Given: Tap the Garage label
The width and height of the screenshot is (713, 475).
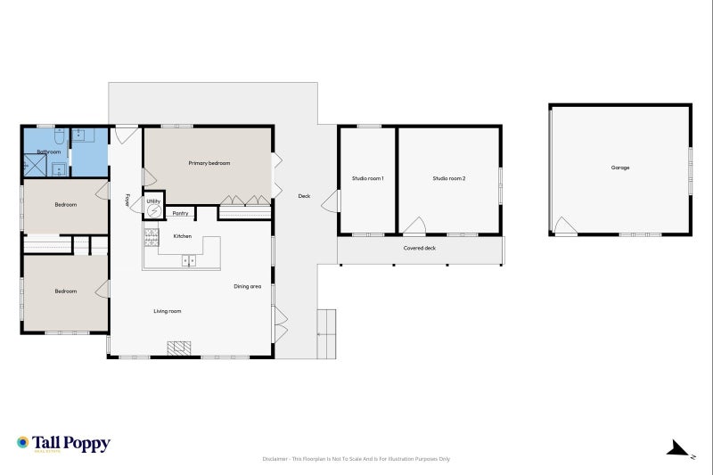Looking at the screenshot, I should [x=620, y=168].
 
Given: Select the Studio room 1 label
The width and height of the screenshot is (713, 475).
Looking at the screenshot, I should [x=367, y=179].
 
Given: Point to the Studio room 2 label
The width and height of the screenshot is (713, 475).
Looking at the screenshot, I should [x=449, y=179].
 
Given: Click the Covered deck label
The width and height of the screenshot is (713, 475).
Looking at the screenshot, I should [x=420, y=249].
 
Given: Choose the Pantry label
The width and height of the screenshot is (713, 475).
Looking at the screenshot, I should [x=180, y=214].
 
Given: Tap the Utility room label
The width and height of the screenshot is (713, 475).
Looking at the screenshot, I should [x=153, y=202].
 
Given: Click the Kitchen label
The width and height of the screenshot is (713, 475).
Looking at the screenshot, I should [x=182, y=236].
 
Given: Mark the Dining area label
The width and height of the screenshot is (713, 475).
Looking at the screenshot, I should [x=247, y=286].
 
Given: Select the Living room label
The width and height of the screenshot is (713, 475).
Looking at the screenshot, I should [x=168, y=311].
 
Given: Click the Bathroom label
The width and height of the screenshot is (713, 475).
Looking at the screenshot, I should [x=48, y=152].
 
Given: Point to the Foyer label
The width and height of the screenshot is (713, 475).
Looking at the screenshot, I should [x=127, y=201].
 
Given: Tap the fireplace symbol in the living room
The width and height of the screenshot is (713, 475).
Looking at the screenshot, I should [x=181, y=348].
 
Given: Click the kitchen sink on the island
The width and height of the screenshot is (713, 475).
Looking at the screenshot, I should [x=189, y=260].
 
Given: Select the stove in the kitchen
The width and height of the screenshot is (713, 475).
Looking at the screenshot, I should [x=151, y=237].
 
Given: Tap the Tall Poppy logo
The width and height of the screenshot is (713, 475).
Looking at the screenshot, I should [x=62, y=443].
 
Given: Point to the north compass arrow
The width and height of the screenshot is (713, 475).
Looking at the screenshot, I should [x=679, y=448].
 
